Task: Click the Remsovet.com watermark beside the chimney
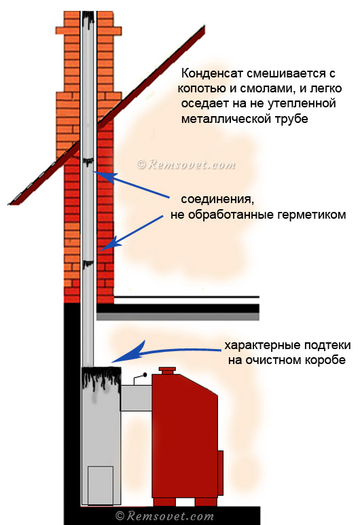(x=186, y=164)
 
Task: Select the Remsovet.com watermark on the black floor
(x=164, y=516)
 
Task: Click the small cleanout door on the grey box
(x=101, y=485)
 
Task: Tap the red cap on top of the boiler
(x=167, y=371)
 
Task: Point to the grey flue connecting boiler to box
(x=137, y=398)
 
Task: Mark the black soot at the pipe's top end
(x=88, y=18)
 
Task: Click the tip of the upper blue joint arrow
(x=94, y=172)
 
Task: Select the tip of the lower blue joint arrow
(x=101, y=251)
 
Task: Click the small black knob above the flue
(x=145, y=375)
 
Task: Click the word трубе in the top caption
(x=291, y=120)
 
